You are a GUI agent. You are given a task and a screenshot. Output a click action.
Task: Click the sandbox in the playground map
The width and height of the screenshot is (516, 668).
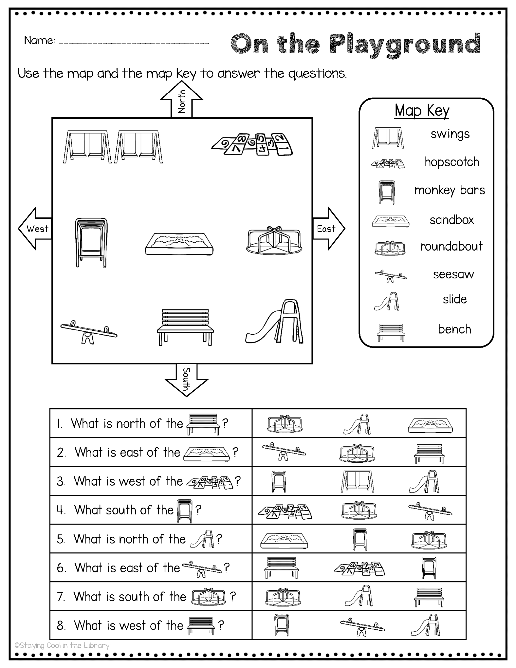179,244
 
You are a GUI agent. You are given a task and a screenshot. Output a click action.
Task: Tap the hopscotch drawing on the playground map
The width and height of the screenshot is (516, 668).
252,144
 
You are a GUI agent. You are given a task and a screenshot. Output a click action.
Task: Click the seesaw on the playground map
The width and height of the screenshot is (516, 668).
88,332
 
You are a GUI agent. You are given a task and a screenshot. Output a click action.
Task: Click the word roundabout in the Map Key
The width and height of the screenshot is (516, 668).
451,246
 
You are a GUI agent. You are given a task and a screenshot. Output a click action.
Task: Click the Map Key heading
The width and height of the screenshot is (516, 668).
422,110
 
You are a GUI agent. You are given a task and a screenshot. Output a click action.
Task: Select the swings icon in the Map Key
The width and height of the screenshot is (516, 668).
388,138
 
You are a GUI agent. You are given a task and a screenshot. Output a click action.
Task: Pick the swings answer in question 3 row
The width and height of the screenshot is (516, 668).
357,481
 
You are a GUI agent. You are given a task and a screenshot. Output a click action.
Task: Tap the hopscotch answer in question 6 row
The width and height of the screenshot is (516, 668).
359,568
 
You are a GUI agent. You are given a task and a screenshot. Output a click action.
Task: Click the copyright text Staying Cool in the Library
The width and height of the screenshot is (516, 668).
62,645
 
